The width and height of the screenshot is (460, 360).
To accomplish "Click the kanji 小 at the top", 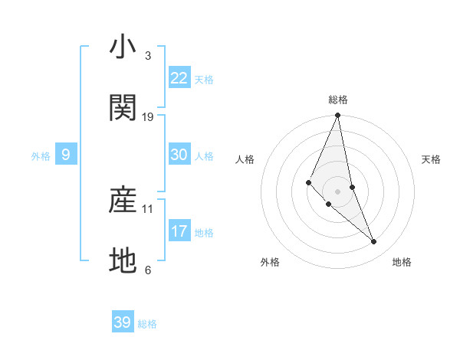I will tap(123, 47).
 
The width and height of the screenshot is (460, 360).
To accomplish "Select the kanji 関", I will tap(123, 109).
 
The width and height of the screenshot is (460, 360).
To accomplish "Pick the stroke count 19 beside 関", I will tap(148, 117).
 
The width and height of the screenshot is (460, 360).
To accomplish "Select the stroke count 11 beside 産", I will tap(148, 208).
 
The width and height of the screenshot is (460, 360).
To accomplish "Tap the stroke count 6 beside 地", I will tap(147, 270).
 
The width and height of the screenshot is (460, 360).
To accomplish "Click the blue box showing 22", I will tap(179, 78).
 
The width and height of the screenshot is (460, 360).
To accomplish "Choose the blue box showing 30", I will tap(179, 155).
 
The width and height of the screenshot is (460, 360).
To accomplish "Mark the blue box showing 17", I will tap(179, 231).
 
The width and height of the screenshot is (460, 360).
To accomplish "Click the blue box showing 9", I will tap(66, 155).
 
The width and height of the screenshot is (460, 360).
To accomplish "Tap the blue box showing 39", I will tap(123, 322).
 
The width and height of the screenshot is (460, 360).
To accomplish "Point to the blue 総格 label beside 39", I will tap(147, 324).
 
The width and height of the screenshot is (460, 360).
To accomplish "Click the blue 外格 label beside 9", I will tap(41, 156).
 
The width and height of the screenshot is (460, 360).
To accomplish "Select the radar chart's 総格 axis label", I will tap(338, 100).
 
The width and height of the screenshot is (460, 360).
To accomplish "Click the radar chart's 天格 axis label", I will tap(432, 159).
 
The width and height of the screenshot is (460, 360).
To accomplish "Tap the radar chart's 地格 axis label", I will tap(402, 262).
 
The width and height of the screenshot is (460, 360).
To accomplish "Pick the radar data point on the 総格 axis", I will tap(338, 116).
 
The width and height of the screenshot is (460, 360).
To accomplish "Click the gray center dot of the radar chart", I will tap(338, 191).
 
